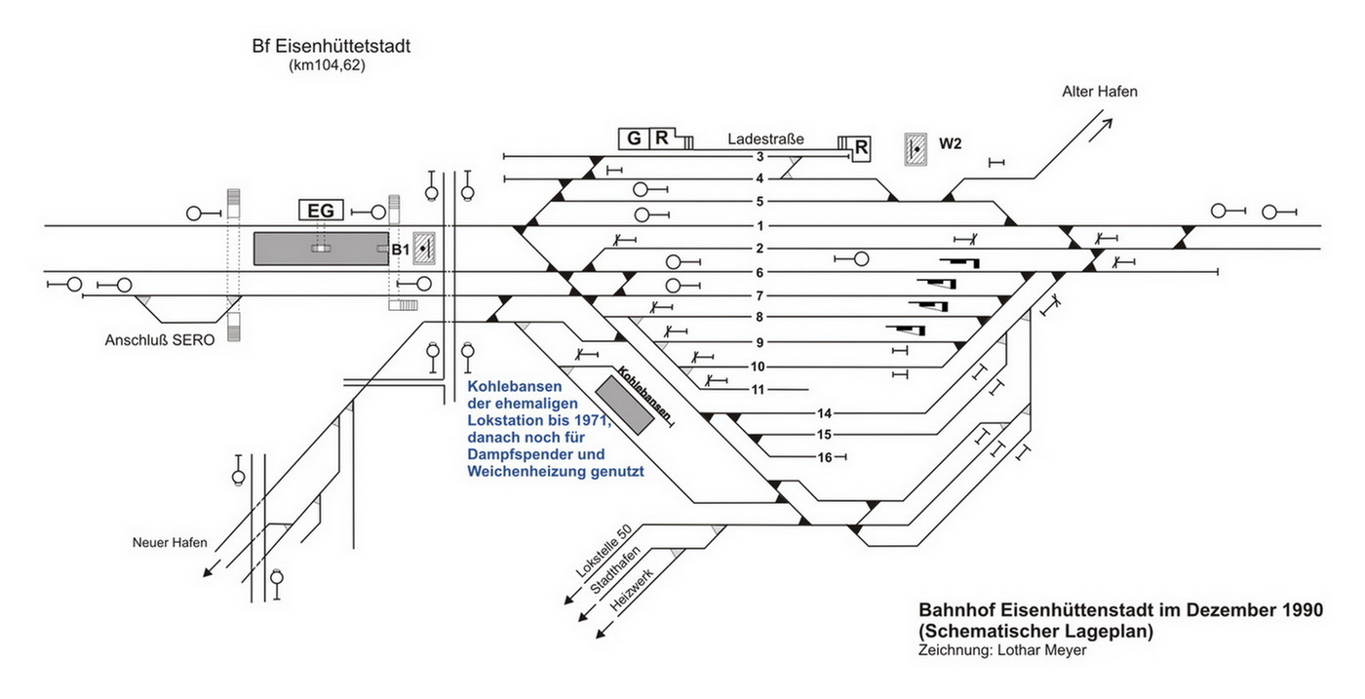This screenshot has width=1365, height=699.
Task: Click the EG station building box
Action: click(x=321, y=210)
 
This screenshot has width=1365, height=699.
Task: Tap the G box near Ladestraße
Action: click(x=634, y=138)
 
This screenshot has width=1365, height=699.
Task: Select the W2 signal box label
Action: click(x=951, y=144)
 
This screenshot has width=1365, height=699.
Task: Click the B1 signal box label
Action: click(x=400, y=251)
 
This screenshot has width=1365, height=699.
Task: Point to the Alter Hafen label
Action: click(x=1100, y=92)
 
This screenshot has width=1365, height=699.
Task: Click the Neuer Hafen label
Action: click(x=170, y=543)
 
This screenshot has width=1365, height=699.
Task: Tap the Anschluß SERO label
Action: click(x=160, y=341)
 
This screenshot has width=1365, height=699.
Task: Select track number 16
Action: click(x=824, y=456)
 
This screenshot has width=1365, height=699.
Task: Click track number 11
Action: click(x=758, y=390)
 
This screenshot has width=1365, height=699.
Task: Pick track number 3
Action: click(x=759, y=156)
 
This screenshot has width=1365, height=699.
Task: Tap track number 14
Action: click(x=824, y=413)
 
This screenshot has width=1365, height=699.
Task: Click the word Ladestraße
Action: click(x=765, y=139)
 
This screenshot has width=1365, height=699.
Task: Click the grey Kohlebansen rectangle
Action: click(x=625, y=405)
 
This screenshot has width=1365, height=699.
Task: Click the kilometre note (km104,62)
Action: click(x=327, y=66)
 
